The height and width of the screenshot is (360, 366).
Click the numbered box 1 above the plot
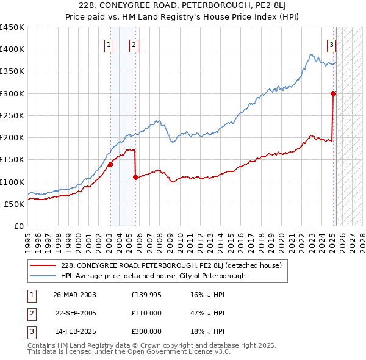pyautogui.click(x=109, y=44)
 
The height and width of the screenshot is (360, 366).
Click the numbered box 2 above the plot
pyautogui.click(x=134, y=44)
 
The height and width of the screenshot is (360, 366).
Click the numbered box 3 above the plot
pyautogui.click(x=331, y=44)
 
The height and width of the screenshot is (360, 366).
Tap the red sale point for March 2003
pyautogui.click(x=111, y=164)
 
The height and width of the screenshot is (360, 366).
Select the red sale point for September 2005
pyautogui.click(x=135, y=178)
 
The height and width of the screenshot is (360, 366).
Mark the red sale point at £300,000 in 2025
pyautogui.click(x=334, y=93)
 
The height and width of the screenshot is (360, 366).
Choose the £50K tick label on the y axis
pyautogui.click(x=15, y=204)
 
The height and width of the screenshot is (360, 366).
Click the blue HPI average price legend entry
pyautogui.click(x=152, y=276)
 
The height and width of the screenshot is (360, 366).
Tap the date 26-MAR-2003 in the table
pyautogui.click(x=74, y=295)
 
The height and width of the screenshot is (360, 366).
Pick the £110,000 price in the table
pyautogui.click(x=146, y=313)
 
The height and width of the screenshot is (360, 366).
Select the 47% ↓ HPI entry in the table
pyautogui.click(x=208, y=313)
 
